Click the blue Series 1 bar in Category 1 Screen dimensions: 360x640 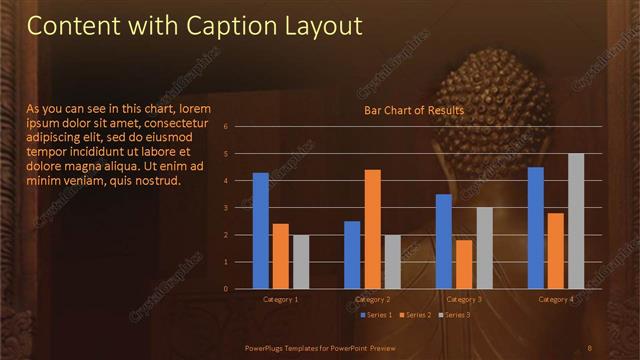click(x=261, y=231)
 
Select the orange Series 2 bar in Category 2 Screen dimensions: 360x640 click(x=372, y=229)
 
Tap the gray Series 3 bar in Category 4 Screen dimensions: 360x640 click(x=576, y=221)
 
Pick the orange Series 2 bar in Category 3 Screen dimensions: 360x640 click(x=464, y=264)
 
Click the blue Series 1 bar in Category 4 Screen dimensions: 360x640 click(x=536, y=228)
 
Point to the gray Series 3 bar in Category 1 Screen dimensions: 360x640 click(x=300, y=262)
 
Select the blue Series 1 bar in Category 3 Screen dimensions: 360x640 click(x=444, y=241)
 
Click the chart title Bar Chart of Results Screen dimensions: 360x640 click(x=414, y=110)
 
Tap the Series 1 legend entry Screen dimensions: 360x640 click(x=376, y=315)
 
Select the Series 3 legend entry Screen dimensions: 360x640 click(x=455, y=315)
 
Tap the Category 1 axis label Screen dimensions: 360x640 click(x=280, y=299)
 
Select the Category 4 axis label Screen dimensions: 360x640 click(x=556, y=299)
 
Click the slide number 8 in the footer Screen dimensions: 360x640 click(x=590, y=347)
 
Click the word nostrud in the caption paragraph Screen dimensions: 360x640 click(x=155, y=181)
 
